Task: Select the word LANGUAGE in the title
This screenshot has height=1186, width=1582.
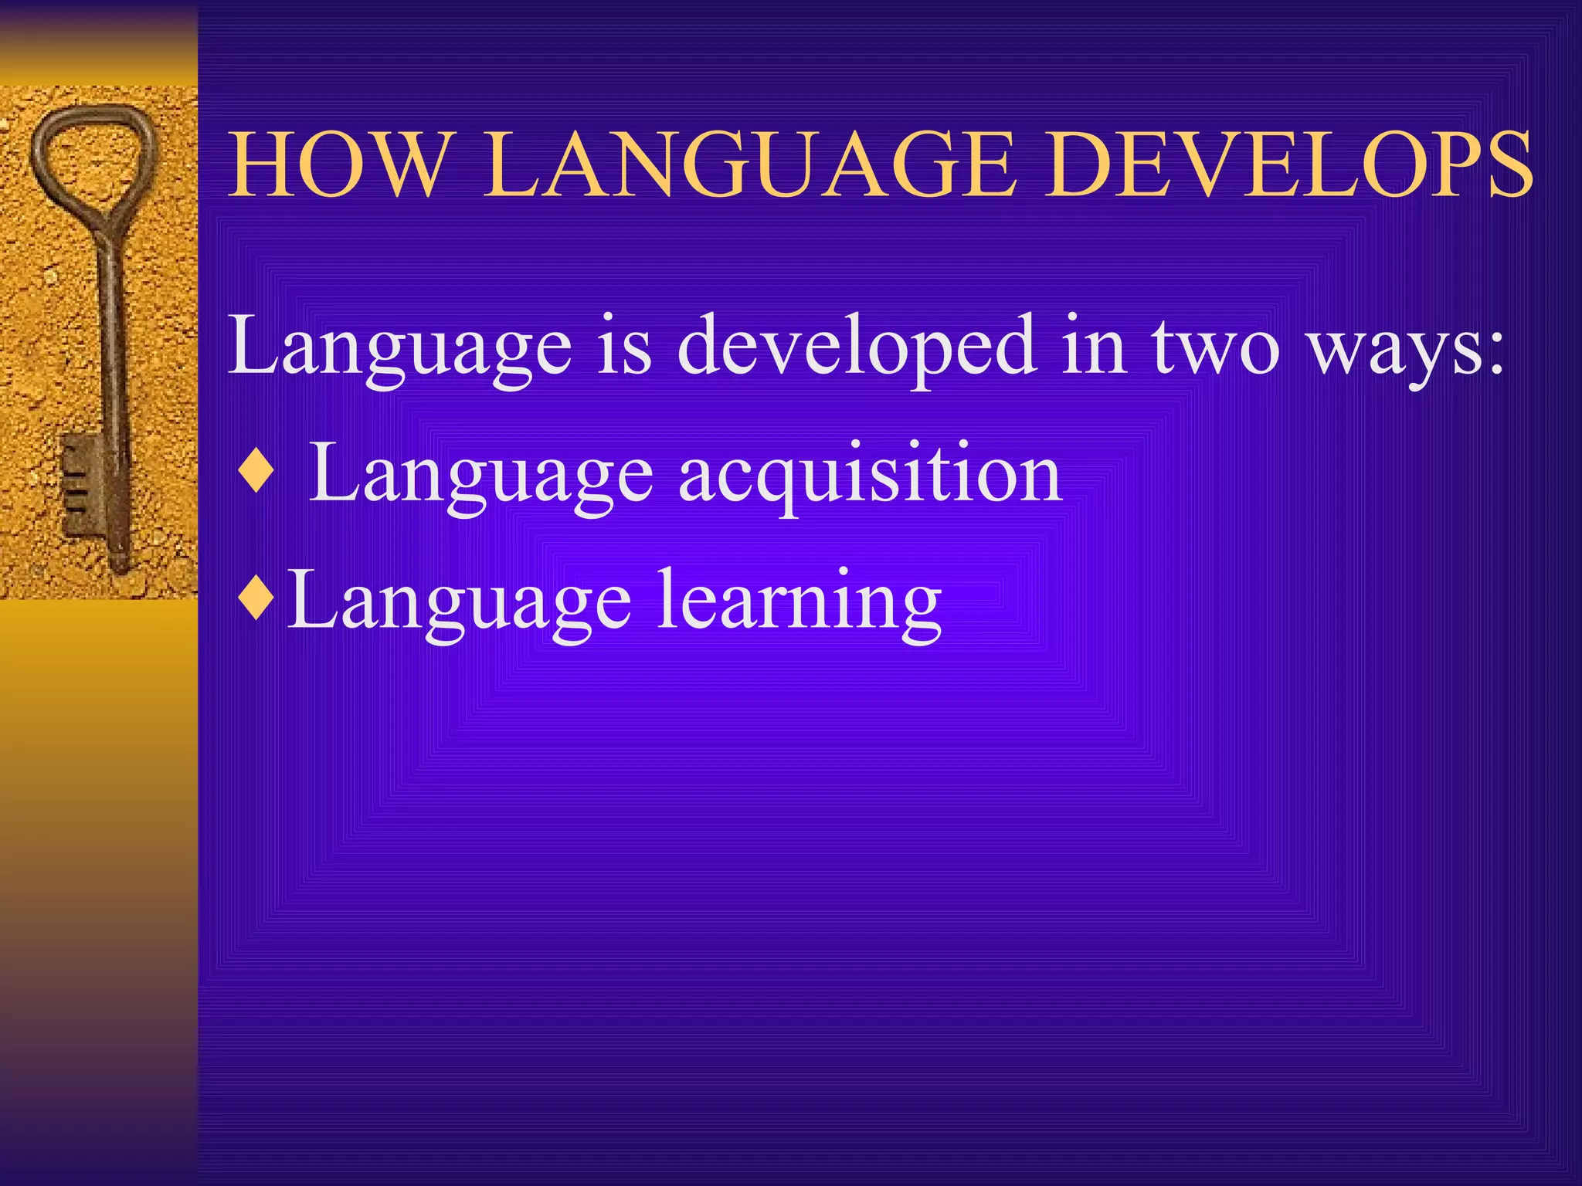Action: click(748, 165)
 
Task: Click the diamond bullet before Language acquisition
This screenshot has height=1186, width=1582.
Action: click(256, 473)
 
